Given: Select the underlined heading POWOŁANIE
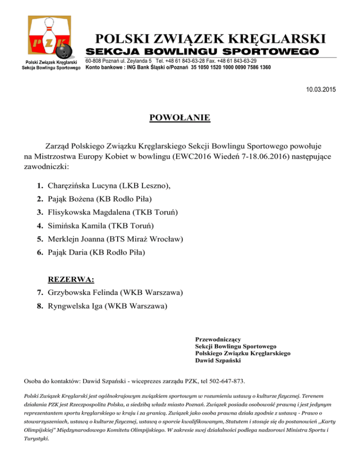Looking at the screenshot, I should pos(180,117).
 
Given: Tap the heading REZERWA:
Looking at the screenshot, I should pos(71,280).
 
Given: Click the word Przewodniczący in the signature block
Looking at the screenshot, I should pos(218,339).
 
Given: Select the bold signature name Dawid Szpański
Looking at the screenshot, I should pos(218,361).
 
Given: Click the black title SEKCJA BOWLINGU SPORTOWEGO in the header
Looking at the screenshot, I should pos(202,51).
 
